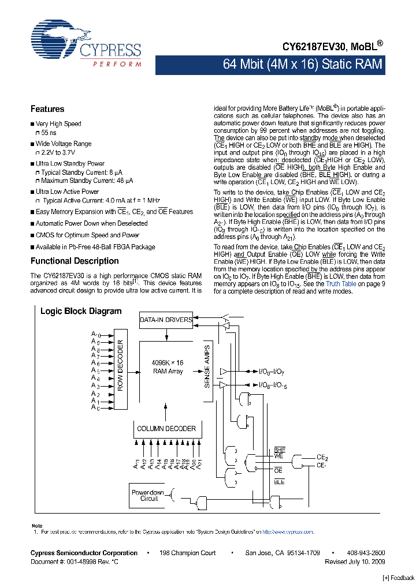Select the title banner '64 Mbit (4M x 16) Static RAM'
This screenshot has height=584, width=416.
pos(302,64)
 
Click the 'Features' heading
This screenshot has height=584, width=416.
pos(47,109)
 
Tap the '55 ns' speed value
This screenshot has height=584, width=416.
pos(49,133)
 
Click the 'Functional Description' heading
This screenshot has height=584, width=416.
pos(75,261)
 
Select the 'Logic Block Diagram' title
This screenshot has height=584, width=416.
pos(81,311)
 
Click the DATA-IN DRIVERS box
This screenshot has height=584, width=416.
pos(165,320)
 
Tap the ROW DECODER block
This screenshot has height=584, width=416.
pos(121,369)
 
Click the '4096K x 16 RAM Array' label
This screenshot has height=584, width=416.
pos(167,367)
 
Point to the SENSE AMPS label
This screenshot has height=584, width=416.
pos(207,369)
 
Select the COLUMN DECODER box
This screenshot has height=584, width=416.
pos(166,429)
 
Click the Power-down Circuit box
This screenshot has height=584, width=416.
pos(148,496)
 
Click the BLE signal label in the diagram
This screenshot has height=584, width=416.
pos(279,481)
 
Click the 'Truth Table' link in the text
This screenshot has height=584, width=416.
pos(341,284)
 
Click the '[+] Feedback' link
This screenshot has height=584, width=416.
pos(398,578)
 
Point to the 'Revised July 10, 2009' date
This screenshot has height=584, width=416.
pos(355,561)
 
